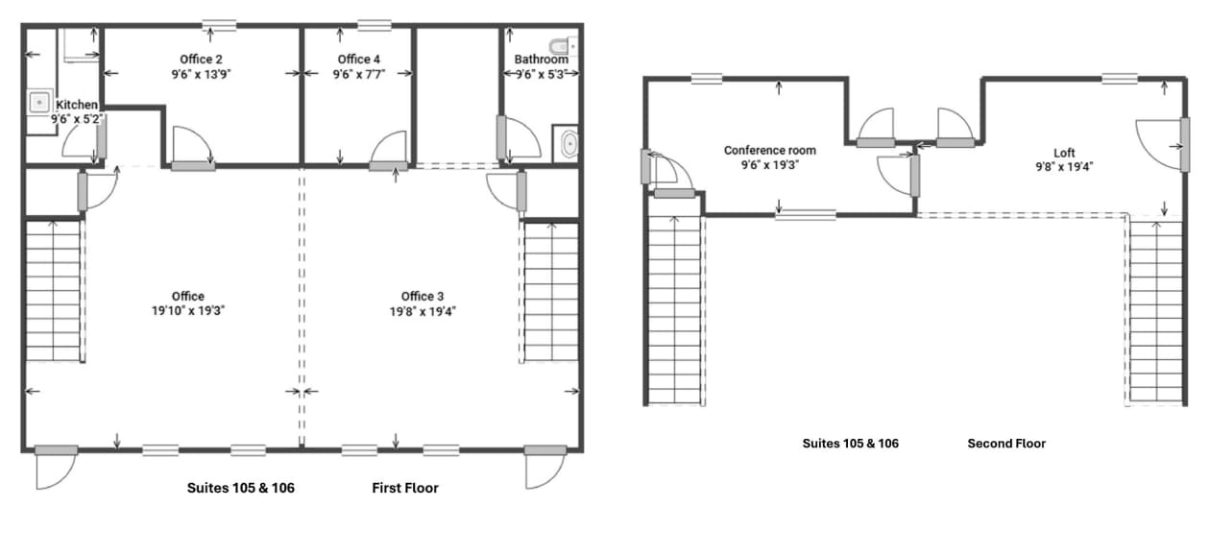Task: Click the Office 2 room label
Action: (202, 60)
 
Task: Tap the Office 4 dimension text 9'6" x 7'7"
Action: (360, 73)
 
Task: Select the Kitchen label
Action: (77, 105)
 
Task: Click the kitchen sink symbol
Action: (40, 100)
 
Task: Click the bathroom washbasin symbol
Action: (569, 144)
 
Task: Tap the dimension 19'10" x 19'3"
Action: (188, 310)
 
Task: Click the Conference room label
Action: (769, 151)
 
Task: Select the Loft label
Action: (1064, 153)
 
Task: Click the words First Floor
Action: (405, 488)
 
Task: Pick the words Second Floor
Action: (1006, 444)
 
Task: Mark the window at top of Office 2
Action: (220, 25)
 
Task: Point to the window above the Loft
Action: (1120, 79)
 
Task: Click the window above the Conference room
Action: (706, 79)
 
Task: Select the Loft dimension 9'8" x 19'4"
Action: (1064, 166)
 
